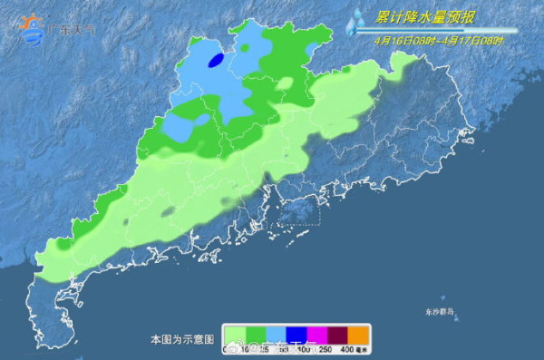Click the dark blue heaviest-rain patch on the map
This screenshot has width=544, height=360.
click(x=217, y=61)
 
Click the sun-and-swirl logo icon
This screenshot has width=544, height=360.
click(x=32, y=28)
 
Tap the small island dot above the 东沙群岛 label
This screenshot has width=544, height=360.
click(x=442, y=299)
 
